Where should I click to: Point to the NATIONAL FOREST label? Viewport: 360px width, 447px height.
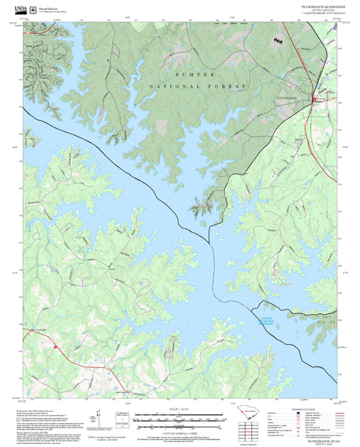pos(198,86)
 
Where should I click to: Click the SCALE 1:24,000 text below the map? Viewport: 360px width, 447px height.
pos(179,408)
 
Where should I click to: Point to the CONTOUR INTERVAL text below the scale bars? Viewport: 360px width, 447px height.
pos(179,430)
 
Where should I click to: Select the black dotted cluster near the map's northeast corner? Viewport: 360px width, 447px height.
pos(277,41)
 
